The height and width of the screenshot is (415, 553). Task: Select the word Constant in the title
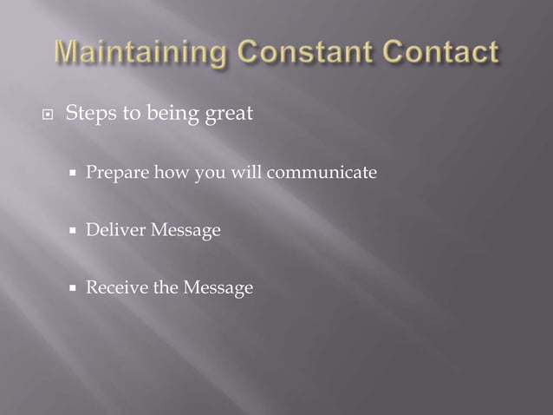pyautogui.click(x=310, y=53)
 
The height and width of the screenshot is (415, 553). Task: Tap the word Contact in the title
pyautogui.click(x=442, y=53)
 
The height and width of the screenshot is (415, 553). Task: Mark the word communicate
pyautogui.click(x=322, y=174)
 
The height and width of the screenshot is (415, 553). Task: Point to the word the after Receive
pyautogui.click(x=164, y=287)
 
